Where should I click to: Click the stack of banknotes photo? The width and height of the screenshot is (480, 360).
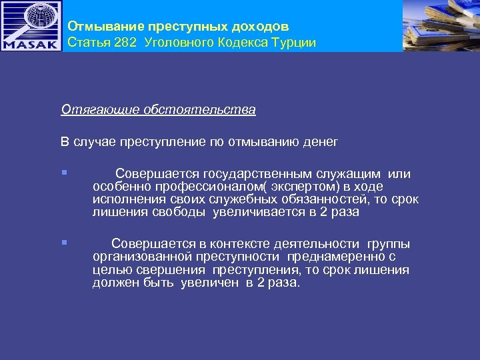pos(441,25)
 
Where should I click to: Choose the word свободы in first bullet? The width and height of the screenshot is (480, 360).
pos(183,212)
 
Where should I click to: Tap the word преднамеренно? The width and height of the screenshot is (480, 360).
pos(337,257)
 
